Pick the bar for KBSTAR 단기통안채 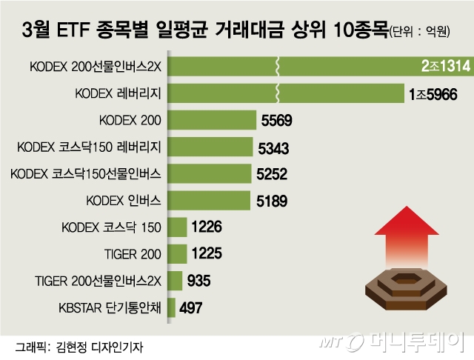173,307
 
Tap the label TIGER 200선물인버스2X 98,281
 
